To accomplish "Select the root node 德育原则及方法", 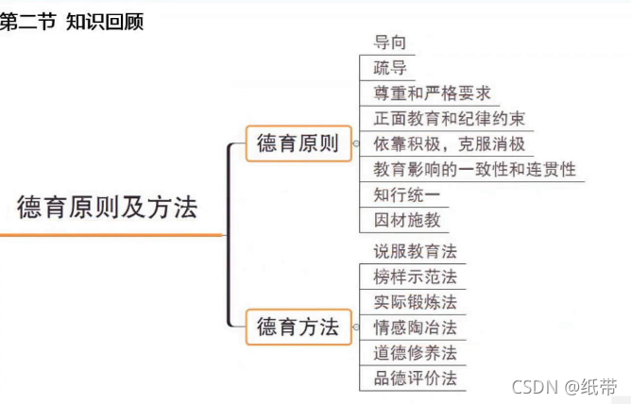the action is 107,207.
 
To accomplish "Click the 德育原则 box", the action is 297,144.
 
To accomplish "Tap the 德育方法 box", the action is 297,328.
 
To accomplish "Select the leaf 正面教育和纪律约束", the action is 449,119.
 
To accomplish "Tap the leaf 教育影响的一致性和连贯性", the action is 473,170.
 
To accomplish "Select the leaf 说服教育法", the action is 415,251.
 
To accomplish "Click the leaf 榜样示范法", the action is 415,277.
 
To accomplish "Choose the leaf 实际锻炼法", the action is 415,302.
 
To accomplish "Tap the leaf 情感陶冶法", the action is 415,328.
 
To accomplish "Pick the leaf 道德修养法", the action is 415,353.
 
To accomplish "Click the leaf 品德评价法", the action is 415,379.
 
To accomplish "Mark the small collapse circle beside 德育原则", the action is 355,144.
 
